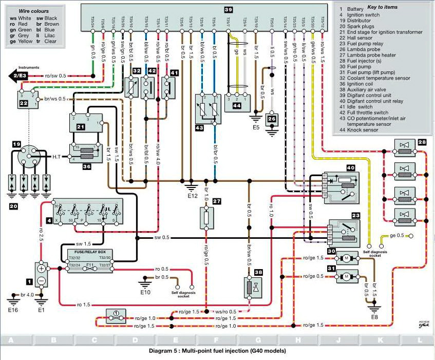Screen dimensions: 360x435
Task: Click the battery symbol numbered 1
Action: [41, 274]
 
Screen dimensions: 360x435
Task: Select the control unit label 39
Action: [228, 9]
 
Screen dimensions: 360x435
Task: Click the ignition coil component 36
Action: [84, 154]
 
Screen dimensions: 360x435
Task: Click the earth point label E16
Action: [13, 310]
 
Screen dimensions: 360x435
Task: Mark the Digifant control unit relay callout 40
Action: [351, 168]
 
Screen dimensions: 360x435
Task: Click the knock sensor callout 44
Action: [237, 105]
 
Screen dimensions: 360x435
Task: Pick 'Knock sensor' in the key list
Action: [365, 130]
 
